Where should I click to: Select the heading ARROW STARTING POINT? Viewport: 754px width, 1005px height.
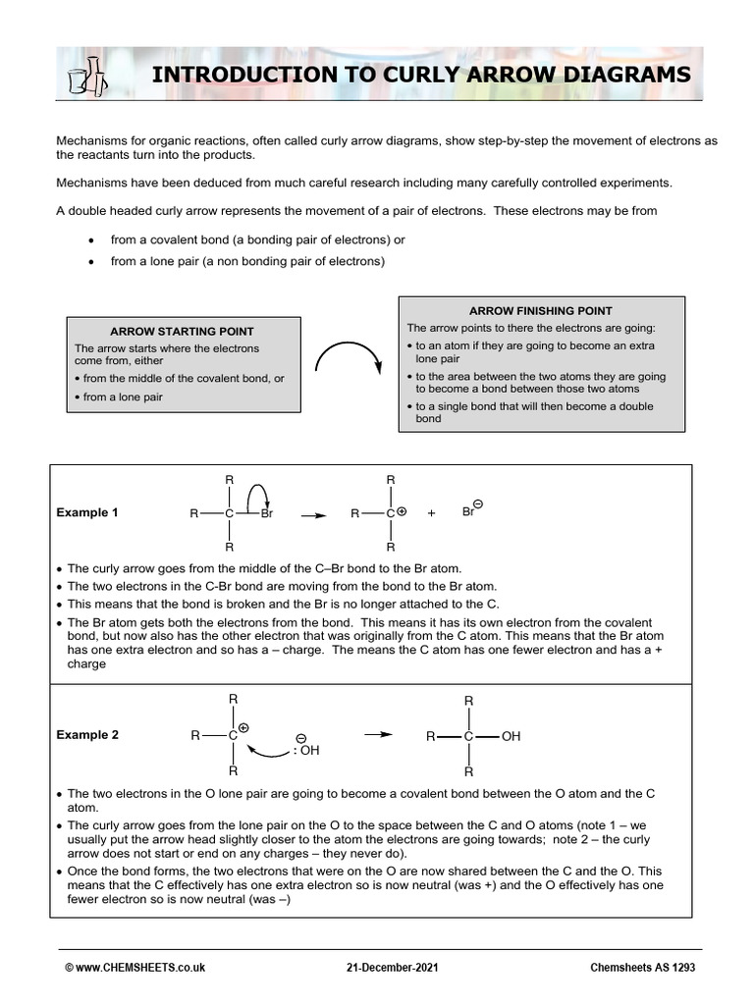coord(164,332)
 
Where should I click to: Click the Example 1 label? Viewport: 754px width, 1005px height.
coord(86,512)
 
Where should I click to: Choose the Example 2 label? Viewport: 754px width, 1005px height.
coord(86,734)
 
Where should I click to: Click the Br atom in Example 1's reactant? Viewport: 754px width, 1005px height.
coord(267,513)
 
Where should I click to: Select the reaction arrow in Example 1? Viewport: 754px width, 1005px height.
coord(313,513)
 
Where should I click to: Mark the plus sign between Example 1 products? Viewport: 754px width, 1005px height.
coord(431,513)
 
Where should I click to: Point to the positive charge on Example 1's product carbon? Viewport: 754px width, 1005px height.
coord(402,511)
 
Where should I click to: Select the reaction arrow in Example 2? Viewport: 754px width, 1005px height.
coord(378,733)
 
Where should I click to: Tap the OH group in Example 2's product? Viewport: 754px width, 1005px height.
coord(511,735)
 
